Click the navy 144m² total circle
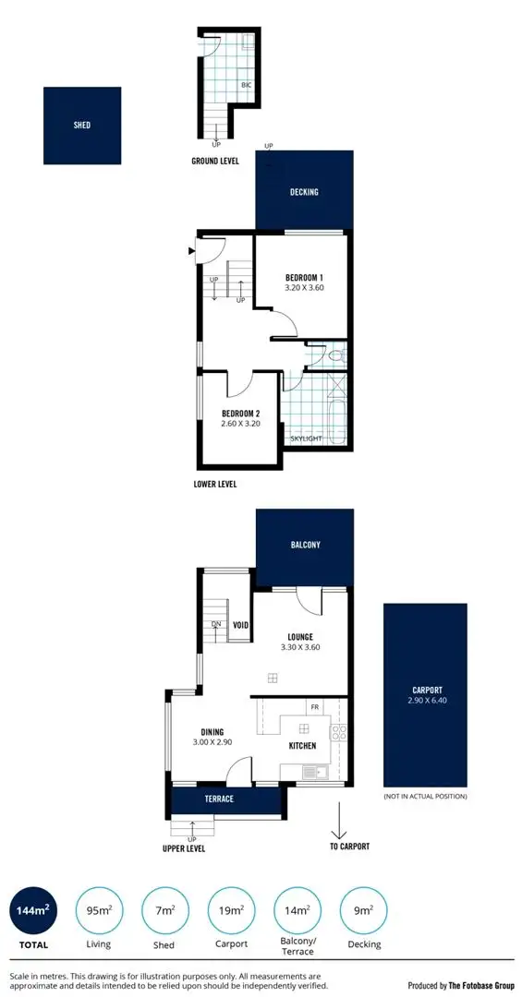tap(33, 912)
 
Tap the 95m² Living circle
tap(99, 912)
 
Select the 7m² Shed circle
tap(164, 912)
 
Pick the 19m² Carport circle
tap(231, 912)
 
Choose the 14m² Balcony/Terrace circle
tap(297, 912)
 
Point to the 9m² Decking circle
tap(364, 912)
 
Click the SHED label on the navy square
tap(82, 126)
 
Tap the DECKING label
tap(304, 192)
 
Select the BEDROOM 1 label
tap(303, 278)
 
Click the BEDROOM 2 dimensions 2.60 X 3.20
tap(241, 425)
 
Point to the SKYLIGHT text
tap(306, 438)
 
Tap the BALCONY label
tap(305, 545)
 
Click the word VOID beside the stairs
tap(241, 624)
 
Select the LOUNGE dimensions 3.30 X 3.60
tap(299, 648)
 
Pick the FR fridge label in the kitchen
tap(315, 707)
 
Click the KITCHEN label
tap(303, 745)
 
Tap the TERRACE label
tap(219, 799)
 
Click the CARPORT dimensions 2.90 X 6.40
tap(427, 702)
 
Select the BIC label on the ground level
tap(246, 85)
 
